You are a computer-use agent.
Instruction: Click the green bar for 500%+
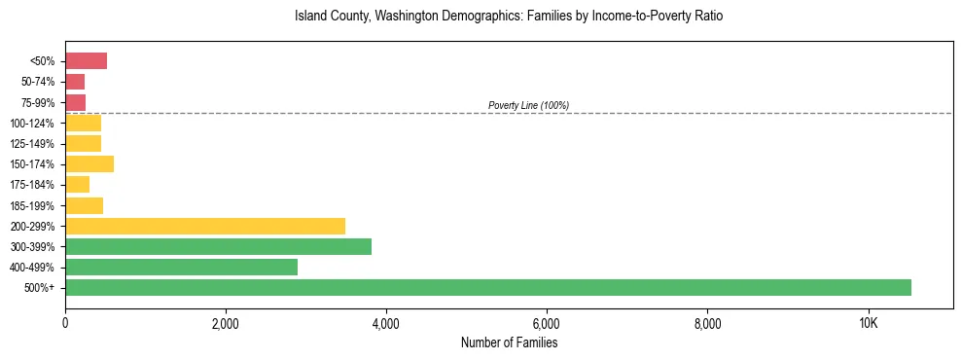[x=487, y=287]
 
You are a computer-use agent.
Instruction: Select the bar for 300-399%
[x=218, y=246]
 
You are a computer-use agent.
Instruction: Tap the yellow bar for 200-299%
[x=205, y=226]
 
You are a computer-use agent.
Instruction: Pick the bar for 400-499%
[x=181, y=267]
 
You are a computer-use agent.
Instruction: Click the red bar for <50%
[x=86, y=61]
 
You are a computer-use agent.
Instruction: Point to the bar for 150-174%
[x=89, y=164]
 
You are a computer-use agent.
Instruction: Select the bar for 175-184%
[x=77, y=185]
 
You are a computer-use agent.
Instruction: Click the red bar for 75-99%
[x=75, y=102]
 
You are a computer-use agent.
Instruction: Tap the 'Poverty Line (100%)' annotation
[x=528, y=105]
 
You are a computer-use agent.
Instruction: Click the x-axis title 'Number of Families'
[x=509, y=342]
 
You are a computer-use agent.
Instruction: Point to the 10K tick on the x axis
[x=868, y=323]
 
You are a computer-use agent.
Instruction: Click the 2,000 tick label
[x=225, y=323]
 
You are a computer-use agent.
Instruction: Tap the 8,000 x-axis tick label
[x=707, y=323]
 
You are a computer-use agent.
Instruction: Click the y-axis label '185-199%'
[x=32, y=205]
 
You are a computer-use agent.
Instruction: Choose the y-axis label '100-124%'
[x=32, y=124]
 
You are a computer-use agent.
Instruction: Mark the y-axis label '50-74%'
[x=36, y=82]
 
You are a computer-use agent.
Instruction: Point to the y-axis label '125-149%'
[x=32, y=144]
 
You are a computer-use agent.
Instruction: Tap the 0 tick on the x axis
[x=65, y=323]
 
